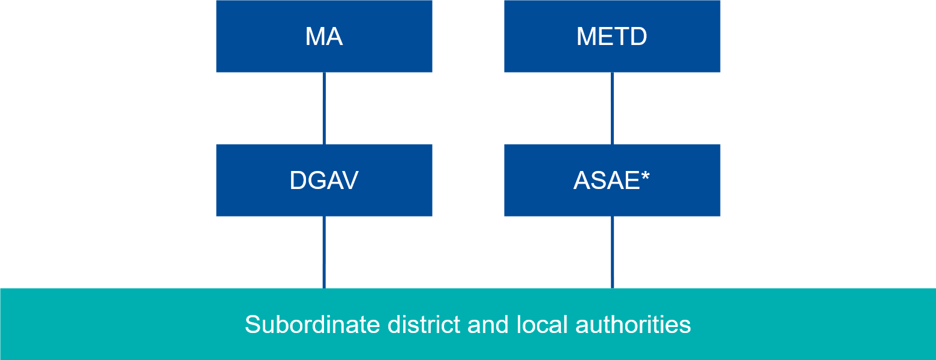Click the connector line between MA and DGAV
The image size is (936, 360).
point(324,108)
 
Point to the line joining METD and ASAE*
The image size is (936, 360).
point(612,108)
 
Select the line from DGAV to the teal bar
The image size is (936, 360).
point(324,252)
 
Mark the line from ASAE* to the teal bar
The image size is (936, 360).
point(612,252)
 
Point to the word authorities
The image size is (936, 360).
point(633,325)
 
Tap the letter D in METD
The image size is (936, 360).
point(638,37)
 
